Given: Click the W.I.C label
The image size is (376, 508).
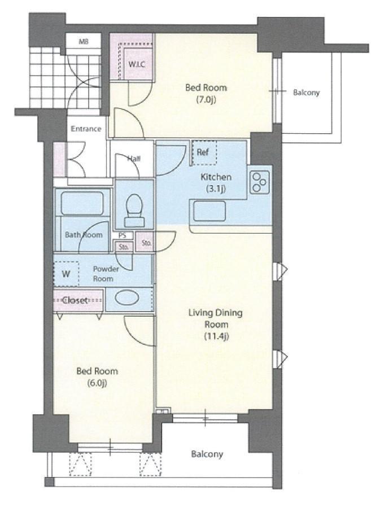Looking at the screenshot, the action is coord(137,64).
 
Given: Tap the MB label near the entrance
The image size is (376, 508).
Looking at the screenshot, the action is coord(84,41).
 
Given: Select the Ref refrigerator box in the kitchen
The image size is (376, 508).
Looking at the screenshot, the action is coord(204,152).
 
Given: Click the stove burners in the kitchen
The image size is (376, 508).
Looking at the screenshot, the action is coord(260,182).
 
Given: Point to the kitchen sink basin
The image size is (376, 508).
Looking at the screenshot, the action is coord(209,211).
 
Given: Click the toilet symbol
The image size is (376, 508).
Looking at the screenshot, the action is coord(134,211).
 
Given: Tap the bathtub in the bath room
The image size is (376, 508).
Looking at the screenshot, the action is coord(82,203).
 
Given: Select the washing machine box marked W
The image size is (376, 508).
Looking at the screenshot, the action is coord(66,274).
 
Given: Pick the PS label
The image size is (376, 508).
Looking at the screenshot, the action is coord(122,235).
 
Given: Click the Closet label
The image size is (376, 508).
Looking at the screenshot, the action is coord(75,300).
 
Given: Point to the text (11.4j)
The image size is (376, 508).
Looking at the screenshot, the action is coord(216,336).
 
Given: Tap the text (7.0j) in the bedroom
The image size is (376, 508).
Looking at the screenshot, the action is coord(206,99).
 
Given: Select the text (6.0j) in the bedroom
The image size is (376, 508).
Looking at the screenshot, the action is coord(97,383).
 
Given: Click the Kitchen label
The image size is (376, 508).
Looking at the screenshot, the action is coord(216,177).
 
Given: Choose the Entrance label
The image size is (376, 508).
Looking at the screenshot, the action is coord(86,129).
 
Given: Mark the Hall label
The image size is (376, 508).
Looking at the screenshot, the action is coord(134,159).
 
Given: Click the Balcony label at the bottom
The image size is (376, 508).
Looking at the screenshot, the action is coord(207,454).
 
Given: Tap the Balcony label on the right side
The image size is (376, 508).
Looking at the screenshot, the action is coord(307,93).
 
